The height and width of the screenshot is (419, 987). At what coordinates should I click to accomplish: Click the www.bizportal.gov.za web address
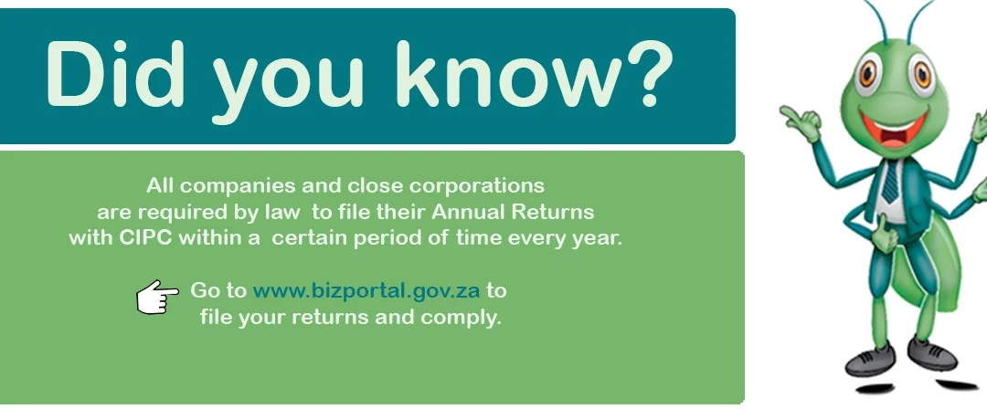(x=366, y=290)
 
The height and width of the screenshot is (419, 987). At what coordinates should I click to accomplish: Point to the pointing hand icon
(x=157, y=297)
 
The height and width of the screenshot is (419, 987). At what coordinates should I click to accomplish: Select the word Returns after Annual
(x=552, y=212)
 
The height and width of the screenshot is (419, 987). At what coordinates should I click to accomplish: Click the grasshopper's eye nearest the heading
(x=869, y=75)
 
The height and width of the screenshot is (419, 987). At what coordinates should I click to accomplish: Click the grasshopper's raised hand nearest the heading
(x=800, y=120)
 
